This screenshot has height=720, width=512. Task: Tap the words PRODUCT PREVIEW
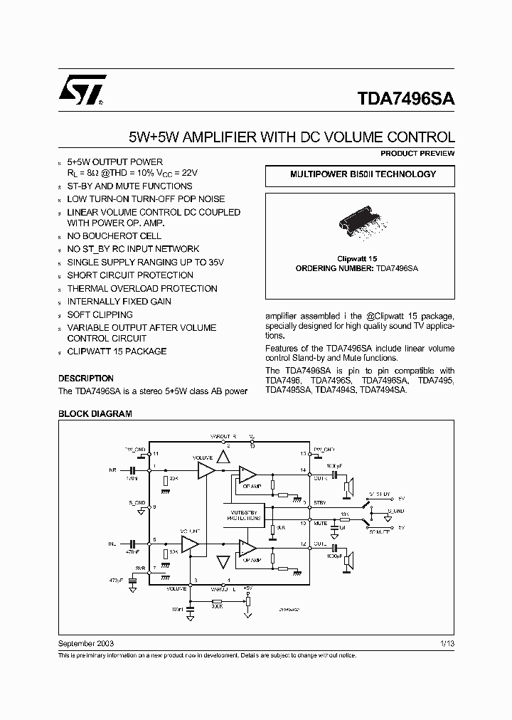coord(417,154)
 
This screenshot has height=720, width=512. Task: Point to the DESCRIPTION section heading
coord(86,378)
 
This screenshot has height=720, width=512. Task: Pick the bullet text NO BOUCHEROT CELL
coord(114,235)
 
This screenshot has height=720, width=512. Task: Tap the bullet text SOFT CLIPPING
coord(100,314)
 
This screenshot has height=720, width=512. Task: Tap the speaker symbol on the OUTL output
coord(348,561)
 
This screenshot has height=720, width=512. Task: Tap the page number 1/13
coord(447,643)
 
